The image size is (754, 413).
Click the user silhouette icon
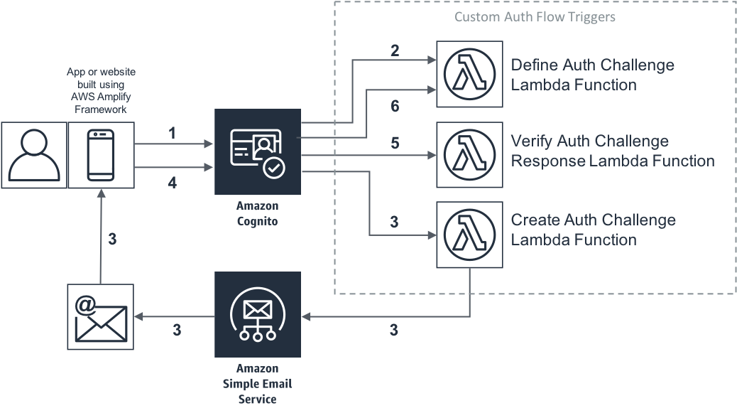(x=33, y=155)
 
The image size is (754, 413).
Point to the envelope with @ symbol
(x=100, y=317)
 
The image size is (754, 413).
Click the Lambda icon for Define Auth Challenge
(x=465, y=75)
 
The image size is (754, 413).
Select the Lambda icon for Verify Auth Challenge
(x=465, y=154)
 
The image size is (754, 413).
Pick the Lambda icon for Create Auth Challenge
(x=465, y=233)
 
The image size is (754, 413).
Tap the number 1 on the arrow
(x=172, y=133)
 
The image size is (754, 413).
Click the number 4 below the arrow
(x=172, y=183)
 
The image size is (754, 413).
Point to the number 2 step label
(x=395, y=50)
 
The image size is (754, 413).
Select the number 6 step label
(x=395, y=107)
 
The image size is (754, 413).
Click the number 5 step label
(x=395, y=144)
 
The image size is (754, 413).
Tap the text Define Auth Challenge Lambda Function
(x=593, y=75)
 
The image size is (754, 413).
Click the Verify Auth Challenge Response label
(x=612, y=151)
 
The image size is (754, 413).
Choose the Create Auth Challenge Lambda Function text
(x=593, y=230)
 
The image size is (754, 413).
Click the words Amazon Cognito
(x=258, y=213)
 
